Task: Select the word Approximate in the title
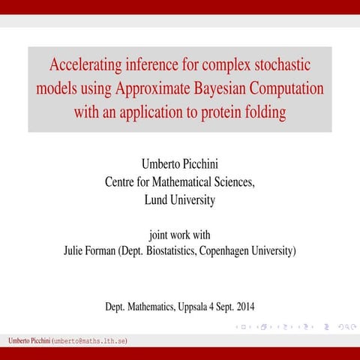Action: point(147,88)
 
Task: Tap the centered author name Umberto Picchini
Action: point(180,163)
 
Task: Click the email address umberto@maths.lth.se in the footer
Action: point(89,341)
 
